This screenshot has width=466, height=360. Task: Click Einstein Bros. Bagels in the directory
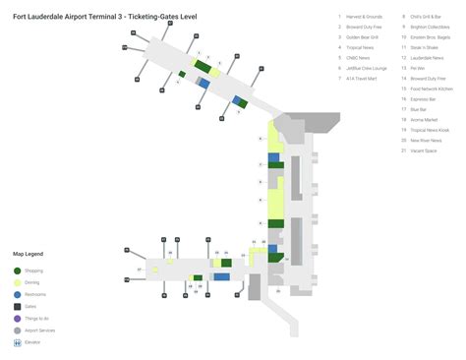429,37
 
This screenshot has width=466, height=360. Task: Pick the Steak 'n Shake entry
424,48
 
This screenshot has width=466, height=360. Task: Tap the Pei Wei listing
418,68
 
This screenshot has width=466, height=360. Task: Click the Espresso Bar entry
423,98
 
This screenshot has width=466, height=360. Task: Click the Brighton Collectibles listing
429,28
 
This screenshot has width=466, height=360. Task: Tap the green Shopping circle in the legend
17,270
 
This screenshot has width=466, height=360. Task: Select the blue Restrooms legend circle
17,294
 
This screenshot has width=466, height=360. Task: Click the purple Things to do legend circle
17,318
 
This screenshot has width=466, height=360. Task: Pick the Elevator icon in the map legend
17,341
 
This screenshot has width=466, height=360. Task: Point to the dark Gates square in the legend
17,306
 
